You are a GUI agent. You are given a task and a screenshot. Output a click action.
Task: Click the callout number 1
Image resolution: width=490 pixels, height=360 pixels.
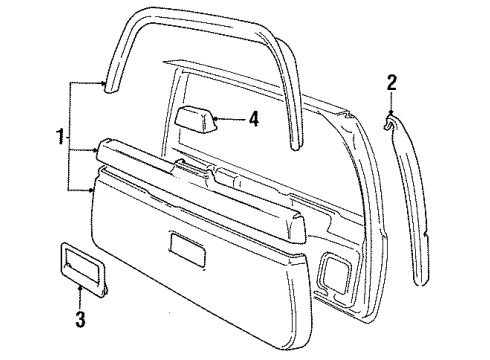point(60,134)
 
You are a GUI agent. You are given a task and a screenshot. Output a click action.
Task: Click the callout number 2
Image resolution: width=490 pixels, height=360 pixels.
point(392,82)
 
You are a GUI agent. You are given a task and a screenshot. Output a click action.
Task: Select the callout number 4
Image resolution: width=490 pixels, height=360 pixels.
point(254,119)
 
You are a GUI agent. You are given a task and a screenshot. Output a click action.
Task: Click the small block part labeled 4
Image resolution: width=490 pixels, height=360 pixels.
point(196,119)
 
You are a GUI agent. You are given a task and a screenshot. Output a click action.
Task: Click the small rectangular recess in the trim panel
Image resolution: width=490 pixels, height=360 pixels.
point(188,246)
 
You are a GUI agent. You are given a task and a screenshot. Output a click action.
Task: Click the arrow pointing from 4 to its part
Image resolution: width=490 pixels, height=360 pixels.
point(228,119)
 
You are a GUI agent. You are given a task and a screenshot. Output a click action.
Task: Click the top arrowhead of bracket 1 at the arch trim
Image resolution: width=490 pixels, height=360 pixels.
point(106,87)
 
